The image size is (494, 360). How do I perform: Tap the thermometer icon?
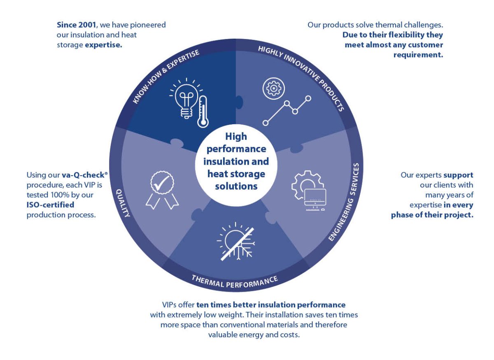203,111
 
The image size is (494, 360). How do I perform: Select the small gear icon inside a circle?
273,88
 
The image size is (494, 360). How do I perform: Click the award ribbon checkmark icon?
162,190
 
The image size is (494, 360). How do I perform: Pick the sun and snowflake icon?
236,242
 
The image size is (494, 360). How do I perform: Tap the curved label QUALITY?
123,203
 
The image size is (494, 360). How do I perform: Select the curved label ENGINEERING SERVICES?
344,202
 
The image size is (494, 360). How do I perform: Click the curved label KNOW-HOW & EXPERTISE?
166,76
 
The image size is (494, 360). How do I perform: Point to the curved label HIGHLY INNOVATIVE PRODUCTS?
301,78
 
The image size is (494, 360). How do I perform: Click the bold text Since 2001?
76,25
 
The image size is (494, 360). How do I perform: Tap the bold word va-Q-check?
83,175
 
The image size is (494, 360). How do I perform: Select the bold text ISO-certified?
50,205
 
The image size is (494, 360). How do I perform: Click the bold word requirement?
418,55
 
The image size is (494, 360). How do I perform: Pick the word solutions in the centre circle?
236,186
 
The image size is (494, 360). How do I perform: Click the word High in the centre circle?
236,137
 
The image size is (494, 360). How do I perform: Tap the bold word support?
458,175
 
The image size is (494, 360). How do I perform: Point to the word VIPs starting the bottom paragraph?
170,305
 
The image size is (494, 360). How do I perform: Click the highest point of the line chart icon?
308,98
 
